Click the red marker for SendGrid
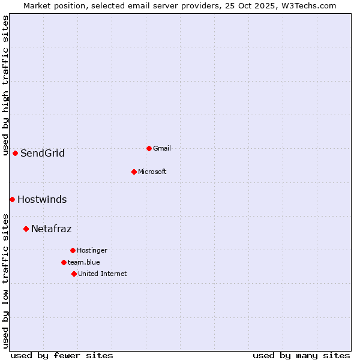[15, 153]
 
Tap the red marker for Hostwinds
[12, 199]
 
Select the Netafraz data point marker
[26, 229]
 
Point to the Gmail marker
[149, 148]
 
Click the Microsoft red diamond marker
[134, 172]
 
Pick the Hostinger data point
[73, 250]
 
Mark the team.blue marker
[64, 262]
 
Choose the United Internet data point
[74, 274]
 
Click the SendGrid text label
[42, 153]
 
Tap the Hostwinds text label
[42, 199]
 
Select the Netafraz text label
[51, 229]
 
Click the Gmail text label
[162, 148]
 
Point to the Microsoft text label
[152, 172]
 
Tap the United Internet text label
[103, 274]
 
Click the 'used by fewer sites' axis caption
[62, 355]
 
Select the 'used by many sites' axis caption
[301, 355]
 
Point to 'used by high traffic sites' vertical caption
[5, 85]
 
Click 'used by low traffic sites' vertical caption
[5, 280]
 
